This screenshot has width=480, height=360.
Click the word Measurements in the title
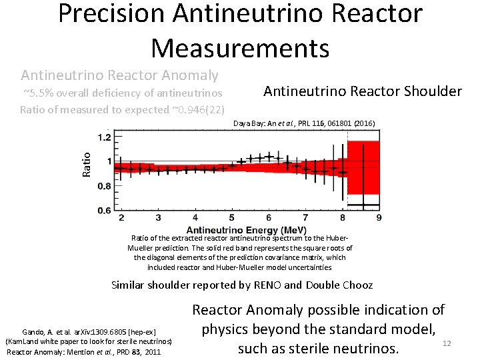point(240,48)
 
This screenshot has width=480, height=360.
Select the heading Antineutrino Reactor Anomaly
point(119,75)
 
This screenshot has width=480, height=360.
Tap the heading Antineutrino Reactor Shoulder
point(363,91)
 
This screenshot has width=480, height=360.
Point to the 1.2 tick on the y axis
point(104,138)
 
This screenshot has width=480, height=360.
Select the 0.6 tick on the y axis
point(104,211)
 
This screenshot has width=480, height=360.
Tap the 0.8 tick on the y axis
point(104,187)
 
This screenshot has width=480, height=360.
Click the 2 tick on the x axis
point(121,218)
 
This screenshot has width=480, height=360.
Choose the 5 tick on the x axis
point(231,218)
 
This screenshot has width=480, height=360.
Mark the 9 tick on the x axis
point(379,218)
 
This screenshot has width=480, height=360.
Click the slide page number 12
point(447,343)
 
